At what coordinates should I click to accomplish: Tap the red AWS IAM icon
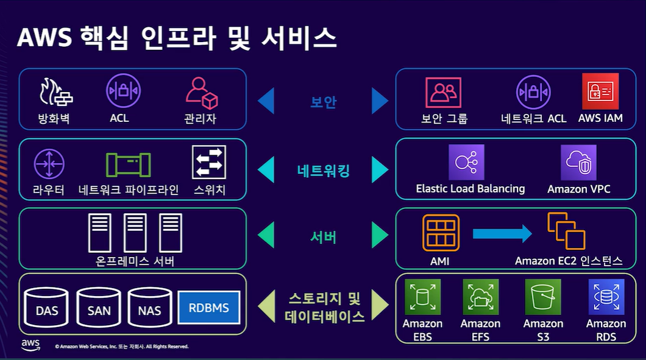(x=600, y=91)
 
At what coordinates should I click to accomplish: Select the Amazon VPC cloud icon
(x=578, y=162)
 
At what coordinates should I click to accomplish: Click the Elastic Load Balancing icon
(x=466, y=162)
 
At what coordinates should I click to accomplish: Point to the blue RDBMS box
(x=209, y=308)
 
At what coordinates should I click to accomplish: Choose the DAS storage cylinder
(x=47, y=308)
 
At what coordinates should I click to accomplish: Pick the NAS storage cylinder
(x=149, y=308)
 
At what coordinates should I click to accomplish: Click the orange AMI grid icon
(x=441, y=233)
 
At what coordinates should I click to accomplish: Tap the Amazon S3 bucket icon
(x=542, y=297)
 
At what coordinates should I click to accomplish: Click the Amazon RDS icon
(x=606, y=297)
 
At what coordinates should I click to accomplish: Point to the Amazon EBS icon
(x=422, y=297)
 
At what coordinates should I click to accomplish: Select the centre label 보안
(x=323, y=102)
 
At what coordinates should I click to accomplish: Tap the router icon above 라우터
(x=49, y=164)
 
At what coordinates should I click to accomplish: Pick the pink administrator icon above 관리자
(x=201, y=93)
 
